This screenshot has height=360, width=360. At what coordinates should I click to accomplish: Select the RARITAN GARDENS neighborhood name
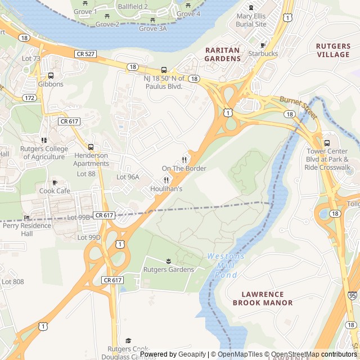[222, 54]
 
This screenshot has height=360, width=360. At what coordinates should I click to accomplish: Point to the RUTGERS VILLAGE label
[333, 50]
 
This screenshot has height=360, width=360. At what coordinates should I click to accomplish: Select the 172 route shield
[30, 98]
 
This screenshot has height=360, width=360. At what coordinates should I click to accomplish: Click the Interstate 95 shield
[352, 295]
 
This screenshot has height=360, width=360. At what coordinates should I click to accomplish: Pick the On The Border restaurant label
[184, 168]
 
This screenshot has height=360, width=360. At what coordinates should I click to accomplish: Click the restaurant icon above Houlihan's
[166, 180]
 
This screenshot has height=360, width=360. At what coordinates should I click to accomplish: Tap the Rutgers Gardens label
[169, 269]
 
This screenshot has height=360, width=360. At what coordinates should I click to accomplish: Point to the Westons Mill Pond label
[226, 265]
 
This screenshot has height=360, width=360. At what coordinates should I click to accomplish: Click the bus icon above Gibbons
[51, 75]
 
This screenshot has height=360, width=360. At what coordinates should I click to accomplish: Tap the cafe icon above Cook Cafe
[55, 182]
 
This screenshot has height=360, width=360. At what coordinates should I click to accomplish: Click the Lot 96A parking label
[128, 177]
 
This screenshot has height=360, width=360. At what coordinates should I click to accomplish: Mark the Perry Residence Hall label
[27, 229]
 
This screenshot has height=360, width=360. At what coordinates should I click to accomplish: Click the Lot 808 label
[13, 281]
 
